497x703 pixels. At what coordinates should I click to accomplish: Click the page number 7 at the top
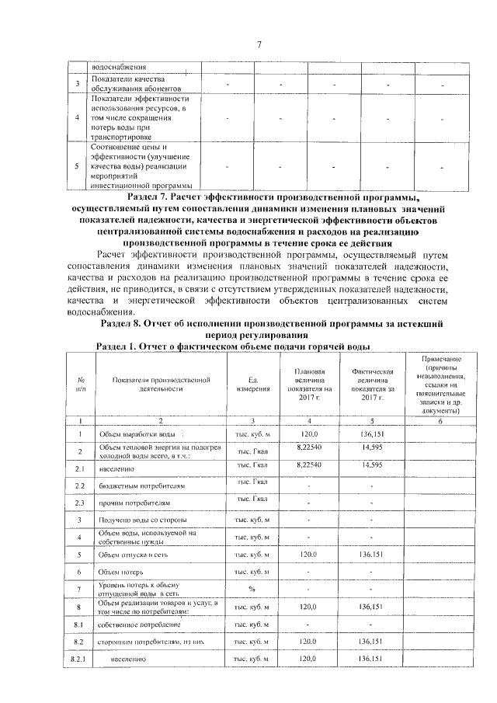[259, 44]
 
